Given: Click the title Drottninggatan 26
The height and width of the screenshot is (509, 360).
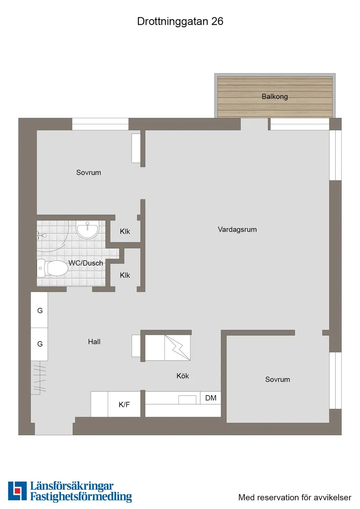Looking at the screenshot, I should click(180, 21).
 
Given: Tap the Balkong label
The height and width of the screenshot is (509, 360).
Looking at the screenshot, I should click(274, 96).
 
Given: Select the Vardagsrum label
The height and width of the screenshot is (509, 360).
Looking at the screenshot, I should click(237, 229).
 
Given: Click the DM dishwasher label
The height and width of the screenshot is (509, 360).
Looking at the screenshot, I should click(211, 398).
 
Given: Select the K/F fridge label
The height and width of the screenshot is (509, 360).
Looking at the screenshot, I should click(124, 405).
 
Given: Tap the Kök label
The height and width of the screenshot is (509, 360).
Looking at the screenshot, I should click(183, 376).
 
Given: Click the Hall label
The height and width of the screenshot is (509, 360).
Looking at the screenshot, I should click(94, 342).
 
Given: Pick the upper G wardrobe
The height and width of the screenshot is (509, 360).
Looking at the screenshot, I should click(40, 311).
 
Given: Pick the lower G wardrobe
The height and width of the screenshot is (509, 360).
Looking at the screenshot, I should click(40, 344).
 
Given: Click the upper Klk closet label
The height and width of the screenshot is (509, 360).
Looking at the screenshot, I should click(125, 232).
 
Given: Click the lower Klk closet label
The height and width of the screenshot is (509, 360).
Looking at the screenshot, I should click(125, 275).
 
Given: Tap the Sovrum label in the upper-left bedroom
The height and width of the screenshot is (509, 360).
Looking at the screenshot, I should click(89, 172).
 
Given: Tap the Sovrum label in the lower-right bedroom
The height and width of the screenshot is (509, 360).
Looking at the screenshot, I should click(278, 379).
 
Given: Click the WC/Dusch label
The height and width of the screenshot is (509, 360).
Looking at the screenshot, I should click(86, 263).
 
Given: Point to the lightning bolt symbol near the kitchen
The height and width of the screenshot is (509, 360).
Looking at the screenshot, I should click(178, 348).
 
